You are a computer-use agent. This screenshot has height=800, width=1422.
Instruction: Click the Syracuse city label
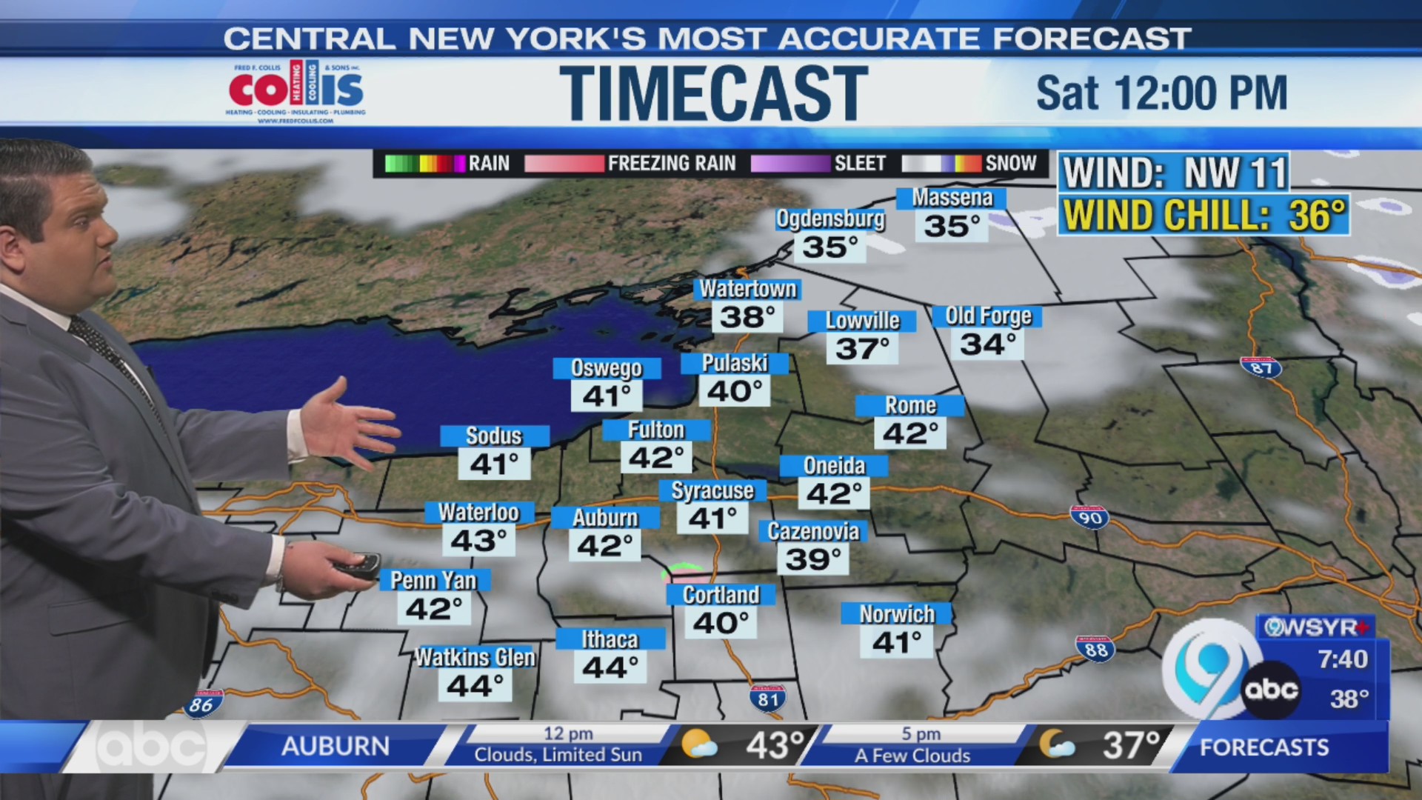(x=712, y=490)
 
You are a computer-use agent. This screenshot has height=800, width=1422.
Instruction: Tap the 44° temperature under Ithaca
(x=610, y=667)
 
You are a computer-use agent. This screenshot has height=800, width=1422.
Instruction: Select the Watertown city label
(x=748, y=289)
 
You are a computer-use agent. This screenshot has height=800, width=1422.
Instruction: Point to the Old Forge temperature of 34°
(x=987, y=344)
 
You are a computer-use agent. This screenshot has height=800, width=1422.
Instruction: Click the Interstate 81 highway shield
(x=767, y=698)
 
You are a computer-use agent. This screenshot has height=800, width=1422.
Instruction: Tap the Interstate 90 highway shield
(x=1089, y=517)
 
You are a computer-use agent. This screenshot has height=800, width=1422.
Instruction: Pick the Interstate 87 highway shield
(x=1261, y=367)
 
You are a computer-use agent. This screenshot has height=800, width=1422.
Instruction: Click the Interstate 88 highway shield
(x=1095, y=649)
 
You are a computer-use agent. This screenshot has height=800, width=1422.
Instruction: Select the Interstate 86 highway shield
(x=203, y=704)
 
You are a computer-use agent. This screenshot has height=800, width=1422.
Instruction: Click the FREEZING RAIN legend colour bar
(x=564, y=164)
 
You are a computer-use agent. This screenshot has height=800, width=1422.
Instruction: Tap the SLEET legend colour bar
(x=790, y=164)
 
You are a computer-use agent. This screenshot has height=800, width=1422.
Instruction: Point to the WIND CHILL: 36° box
(x=1203, y=216)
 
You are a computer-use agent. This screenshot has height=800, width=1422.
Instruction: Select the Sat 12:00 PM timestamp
(x=1161, y=93)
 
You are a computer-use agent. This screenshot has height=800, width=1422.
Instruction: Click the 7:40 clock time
(x=1342, y=659)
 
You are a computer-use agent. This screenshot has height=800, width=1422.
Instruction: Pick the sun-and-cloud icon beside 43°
(x=698, y=744)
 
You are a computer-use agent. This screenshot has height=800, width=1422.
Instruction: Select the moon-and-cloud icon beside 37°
(x=1055, y=744)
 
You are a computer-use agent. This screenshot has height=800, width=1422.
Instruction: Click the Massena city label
(x=952, y=198)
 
